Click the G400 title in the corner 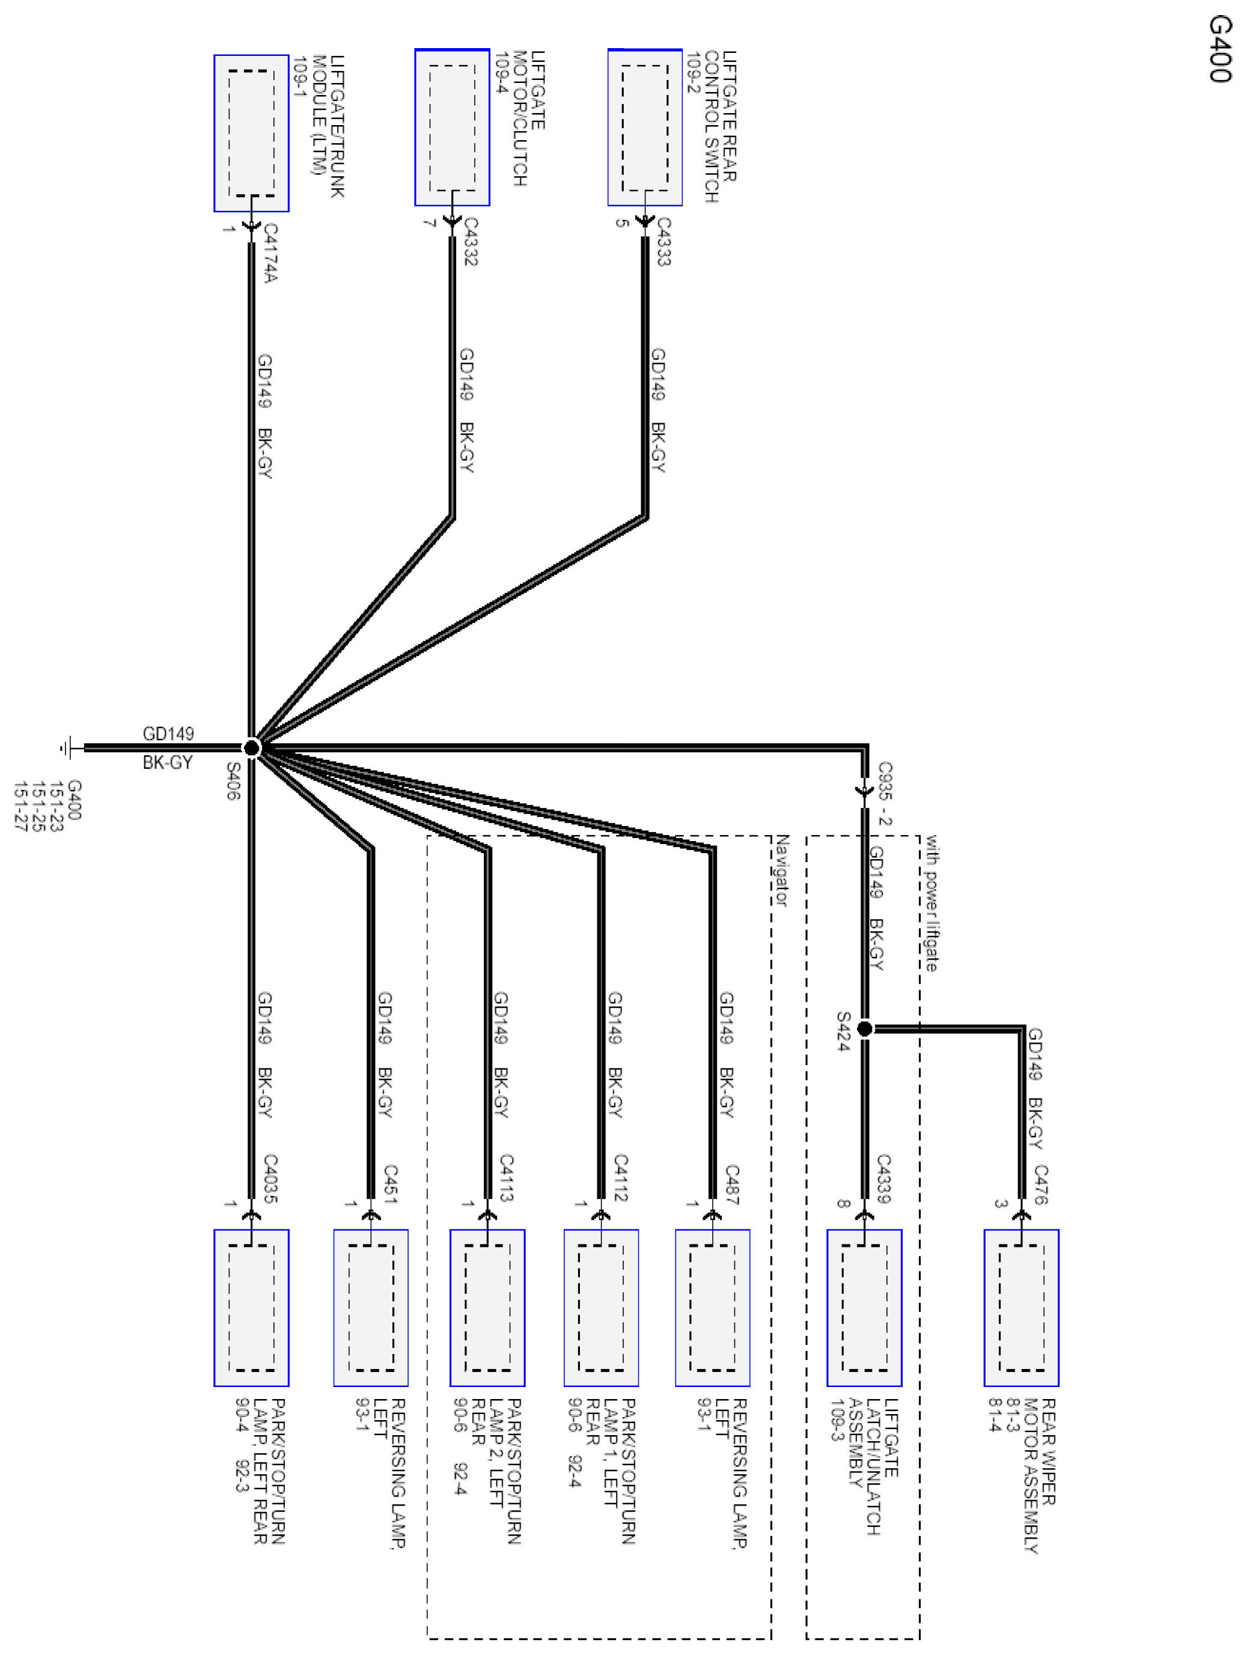pos(1219,49)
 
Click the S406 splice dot pos(252,747)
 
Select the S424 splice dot pos(864,1029)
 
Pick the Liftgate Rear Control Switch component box pos(645,127)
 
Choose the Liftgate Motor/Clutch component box pos(453,127)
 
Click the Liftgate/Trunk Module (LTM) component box pos(252,133)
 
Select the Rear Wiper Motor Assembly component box pos(1021,1307)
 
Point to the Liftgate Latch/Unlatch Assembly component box pos(864,1307)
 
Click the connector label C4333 pos(663,241)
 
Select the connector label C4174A pos(270,253)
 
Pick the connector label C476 pos(1040,1184)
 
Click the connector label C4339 pos(884,1178)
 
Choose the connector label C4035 pos(270,1178)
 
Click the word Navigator pos(781,871)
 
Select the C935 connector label pos(885,782)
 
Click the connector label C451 pos(389,1184)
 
